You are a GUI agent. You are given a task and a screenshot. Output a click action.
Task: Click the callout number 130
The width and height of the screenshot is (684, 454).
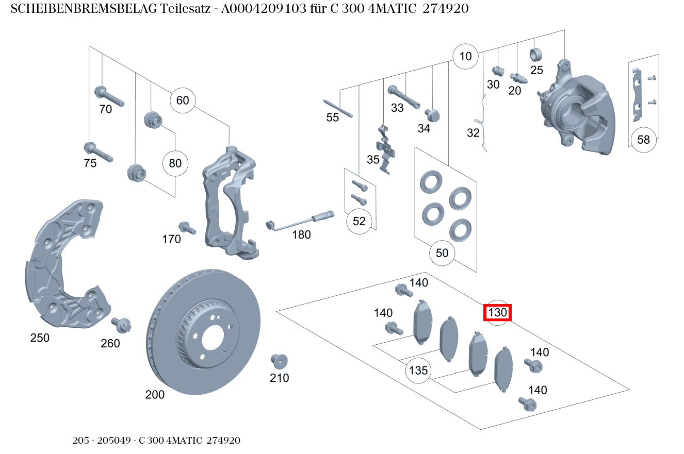[497, 312]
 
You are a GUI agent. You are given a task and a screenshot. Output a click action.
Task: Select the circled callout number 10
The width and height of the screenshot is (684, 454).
[465, 56]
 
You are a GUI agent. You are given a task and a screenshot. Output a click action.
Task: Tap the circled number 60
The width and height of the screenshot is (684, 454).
[183, 100]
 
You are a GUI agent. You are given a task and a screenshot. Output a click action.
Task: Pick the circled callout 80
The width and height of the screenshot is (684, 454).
[175, 163]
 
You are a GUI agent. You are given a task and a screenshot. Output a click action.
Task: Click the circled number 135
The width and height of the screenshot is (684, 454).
[418, 370]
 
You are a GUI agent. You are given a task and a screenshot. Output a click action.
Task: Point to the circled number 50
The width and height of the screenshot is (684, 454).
[442, 253]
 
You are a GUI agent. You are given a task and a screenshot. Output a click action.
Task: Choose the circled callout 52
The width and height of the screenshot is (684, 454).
[359, 221]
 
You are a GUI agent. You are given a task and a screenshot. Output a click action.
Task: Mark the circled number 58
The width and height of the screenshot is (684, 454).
[643, 140]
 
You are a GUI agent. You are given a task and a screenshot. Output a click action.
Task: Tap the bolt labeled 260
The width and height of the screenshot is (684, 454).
[122, 325]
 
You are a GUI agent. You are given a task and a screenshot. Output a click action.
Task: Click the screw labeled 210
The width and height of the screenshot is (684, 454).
[279, 361]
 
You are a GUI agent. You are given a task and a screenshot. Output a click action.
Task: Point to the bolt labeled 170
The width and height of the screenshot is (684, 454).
[186, 227]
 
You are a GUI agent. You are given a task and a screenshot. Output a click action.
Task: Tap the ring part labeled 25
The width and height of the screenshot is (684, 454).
[536, 54]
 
